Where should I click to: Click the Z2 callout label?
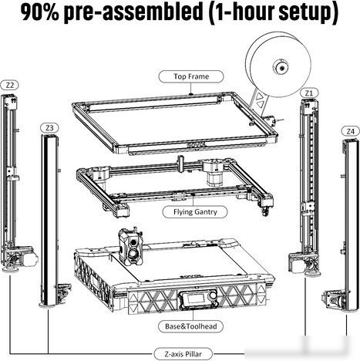10,85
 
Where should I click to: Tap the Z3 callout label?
49,128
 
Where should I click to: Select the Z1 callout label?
309,93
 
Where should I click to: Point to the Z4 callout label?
350,131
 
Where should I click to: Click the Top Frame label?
191,76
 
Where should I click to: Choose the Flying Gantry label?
195,212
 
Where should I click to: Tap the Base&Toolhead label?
191,326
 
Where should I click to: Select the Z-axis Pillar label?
183,354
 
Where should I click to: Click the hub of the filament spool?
281,67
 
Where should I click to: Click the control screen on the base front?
195,299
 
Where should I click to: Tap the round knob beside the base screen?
212,296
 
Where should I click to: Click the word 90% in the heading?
40,12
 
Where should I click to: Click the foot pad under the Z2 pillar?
9,270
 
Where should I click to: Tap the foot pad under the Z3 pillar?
48,305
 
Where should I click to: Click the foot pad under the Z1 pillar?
312,274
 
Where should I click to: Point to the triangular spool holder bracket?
259,102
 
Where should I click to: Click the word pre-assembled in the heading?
133,13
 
